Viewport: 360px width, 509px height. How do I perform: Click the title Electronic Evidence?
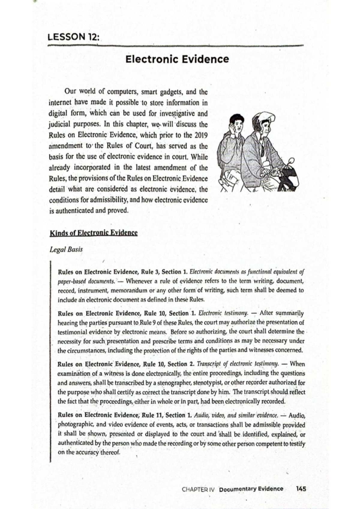(177, 59)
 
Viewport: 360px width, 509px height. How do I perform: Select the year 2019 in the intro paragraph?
(201, 135)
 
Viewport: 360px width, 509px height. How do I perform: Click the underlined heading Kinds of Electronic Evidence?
(94, 233)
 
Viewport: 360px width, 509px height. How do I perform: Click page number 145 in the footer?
(301, 489)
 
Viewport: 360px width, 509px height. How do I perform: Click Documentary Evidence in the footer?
(251, 489)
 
